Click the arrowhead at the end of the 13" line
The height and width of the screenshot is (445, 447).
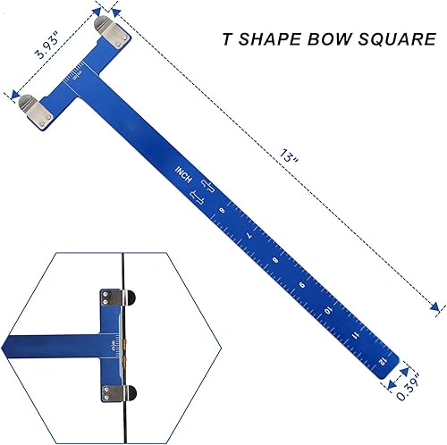(436, 308)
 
